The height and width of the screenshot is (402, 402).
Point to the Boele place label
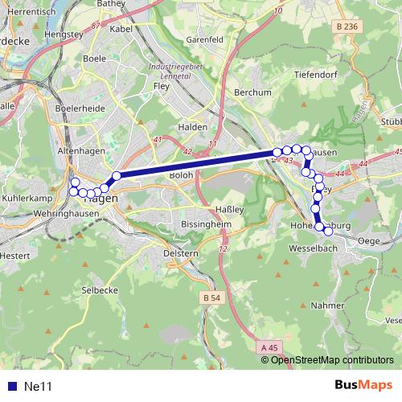coord(95,58)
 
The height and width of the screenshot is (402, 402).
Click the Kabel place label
coord(121,29)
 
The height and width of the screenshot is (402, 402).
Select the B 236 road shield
coord(347,27)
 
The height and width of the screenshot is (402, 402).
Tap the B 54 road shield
coord(211,297)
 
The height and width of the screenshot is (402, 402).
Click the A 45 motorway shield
coord(269,347)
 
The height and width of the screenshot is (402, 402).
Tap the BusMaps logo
coord(363,385)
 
